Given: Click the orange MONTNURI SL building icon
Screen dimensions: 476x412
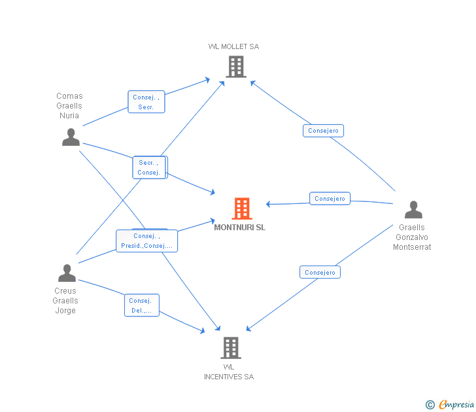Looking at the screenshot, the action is pyautogui.click(x=242, y=209).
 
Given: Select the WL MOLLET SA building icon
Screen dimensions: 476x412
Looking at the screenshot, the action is pyautogui.click(x=236, y=67).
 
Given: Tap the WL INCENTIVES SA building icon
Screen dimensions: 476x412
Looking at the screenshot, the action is pyautogui.click(x=231, y=348).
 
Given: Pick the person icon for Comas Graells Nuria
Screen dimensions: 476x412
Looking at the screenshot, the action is pyautogui.click(x=71, y=137).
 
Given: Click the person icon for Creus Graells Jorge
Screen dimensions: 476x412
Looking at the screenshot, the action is pyautogui.click(x=67, y=273).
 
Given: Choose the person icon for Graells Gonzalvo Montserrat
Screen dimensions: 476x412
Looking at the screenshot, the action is pyautogui.click(x=413, y=209).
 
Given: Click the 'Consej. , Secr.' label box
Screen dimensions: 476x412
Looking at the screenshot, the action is pyautogui.click(x=146, y=102).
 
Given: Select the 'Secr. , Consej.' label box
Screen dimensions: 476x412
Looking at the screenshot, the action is pyautogui.click(x=149, y=167).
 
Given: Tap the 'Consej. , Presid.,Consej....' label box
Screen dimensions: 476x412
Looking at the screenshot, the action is pyautogui.click(x=146, y=241).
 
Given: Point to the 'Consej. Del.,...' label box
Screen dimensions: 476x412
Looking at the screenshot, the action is pyautogui.click(x=142, y=305).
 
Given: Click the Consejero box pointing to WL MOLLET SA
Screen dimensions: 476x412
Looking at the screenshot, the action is pyautogui.click(x=323, y=131).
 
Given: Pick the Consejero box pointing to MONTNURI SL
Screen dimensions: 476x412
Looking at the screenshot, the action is pyautogui.click(x=330, y=199).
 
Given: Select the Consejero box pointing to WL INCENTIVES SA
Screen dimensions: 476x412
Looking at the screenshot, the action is pyautogui.click(x=320, y=272).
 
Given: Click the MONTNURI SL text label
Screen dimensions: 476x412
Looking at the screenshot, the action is pyautogui.click(x=240, y=228).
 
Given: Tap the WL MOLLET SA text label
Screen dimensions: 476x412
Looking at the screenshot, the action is pyautogui.click(x=234, y=46).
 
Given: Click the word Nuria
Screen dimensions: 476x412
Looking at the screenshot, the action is pyautogui.click(x=69, y=116).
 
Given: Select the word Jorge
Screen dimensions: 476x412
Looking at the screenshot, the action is pyautogui.click(x=65, y=311).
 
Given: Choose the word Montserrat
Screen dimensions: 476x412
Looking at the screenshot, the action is pyautogui.click(x=412, y=247).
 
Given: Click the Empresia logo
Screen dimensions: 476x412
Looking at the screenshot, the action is pyautogui.click(x=450, y=404).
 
